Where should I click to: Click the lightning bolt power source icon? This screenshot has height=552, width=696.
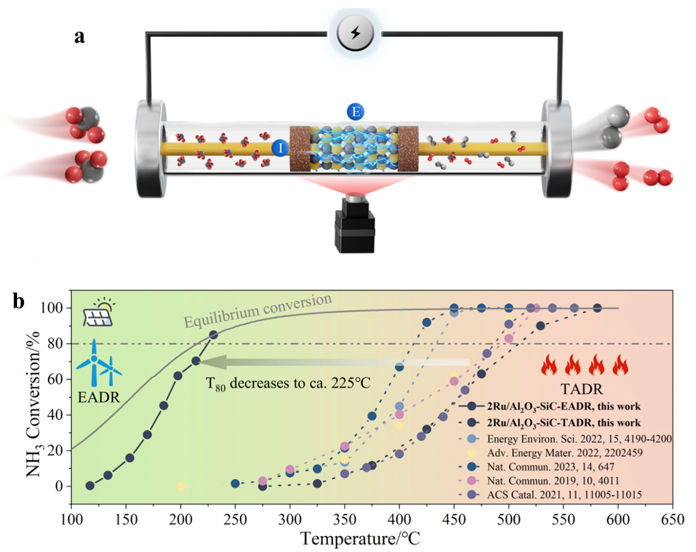pyautogui.click(x=355, y=34)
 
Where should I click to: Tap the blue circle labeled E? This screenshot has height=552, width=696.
pyautogui.click(x=356, y=112)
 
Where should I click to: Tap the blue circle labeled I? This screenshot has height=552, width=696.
pyautogui.click(x=280, y=148)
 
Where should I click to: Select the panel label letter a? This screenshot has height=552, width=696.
pyautogui.click(x=79, y=36)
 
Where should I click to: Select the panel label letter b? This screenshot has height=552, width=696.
pyautogui.click(x=19, y=301)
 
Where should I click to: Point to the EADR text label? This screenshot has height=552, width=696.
pyautogui.click(x=99, y=397)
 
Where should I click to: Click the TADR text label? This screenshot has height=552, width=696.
pyautogui.click(x=582, y=389)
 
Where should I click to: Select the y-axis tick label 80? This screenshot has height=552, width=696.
pyautogui.click(x=55, y=344)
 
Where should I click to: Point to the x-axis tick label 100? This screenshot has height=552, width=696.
pyautogui.click(x=71, y=519)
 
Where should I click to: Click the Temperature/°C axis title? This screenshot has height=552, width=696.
pyautogui.click(x=360, y=539)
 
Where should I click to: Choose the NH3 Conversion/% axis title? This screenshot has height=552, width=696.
pyautogui.click(x=33, y=404)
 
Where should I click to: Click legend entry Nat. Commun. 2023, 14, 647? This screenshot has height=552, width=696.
pyautogui.click(x=550, y=467)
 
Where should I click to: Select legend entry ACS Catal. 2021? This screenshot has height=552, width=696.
pyautogui.click(x=564, y=495)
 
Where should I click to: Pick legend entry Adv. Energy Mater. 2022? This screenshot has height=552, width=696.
pyautogui.click(x=564, y=453)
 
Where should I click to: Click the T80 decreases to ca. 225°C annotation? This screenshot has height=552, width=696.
pyautogui.click(x=288, y=384)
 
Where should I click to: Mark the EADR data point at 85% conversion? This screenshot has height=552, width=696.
pyautogui.click(x=213, y=335)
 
